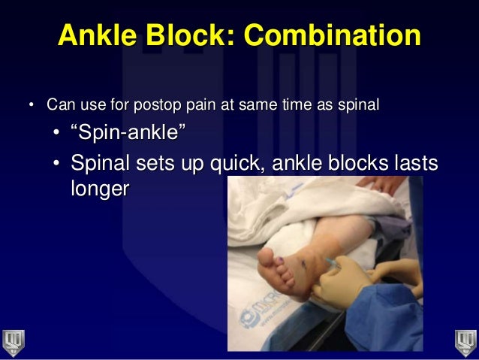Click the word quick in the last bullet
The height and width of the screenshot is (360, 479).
click(236, 162)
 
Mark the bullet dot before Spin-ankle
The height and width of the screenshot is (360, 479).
click(58, 135)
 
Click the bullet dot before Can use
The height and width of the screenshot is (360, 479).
click(32, 104)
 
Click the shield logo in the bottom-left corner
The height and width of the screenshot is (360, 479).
click(14, 343)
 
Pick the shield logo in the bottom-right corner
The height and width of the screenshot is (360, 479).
click(465, 343)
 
